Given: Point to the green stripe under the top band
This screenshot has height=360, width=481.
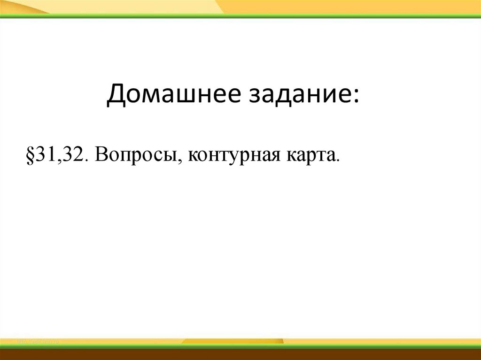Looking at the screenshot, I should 240,16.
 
